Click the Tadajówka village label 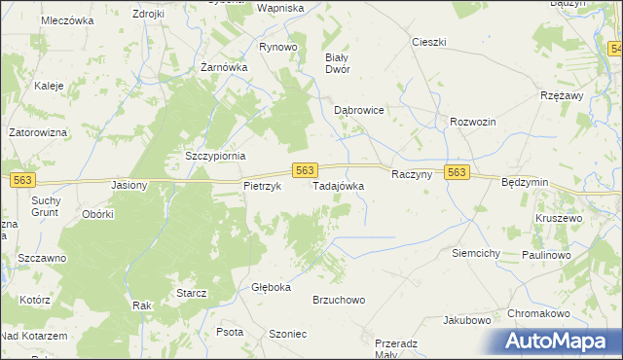[338, 185]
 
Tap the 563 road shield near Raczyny [458, 172]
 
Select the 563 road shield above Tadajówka [304, 170]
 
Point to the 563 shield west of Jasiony [22, 179]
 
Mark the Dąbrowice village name [359, 111]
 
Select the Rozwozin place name [473, 122]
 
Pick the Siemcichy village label [476, 253]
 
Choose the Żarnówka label [224, 68]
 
